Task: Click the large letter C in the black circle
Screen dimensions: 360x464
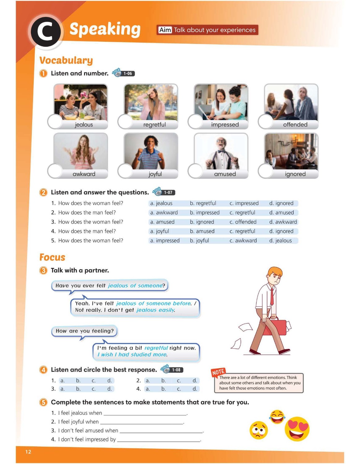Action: click(x=45, y=32)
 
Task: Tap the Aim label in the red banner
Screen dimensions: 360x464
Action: click(x=165, y=30)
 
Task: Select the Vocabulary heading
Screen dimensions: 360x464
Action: click(x=66, y=61)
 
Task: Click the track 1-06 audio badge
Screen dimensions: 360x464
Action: click(x=123, y=73)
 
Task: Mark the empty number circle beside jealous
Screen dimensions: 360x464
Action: click(x=55, y=122)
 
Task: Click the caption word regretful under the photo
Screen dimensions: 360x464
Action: click(x=155, y=124)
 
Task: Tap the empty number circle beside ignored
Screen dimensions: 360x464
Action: click(x=265, y=171)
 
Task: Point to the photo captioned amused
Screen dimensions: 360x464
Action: click(x=221, y=151)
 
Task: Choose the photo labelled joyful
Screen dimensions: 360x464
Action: click(x=151, y=151)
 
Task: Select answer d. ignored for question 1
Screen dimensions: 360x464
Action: click(x=281, y=203)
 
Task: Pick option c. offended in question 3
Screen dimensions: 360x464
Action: click(x=243, y=222)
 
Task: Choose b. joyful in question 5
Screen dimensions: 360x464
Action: click(x=199, y=241)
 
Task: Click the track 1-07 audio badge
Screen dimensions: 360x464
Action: click(x=164, y=192)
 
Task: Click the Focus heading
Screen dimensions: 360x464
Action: click(x=52, y=257)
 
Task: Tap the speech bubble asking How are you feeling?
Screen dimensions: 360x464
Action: click(x=84, y=331)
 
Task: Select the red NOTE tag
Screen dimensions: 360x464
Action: click(x=218, y=372)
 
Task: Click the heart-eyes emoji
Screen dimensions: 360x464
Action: click(x=297, y=429)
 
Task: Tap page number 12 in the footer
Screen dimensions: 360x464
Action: click(x=28, y=452)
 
